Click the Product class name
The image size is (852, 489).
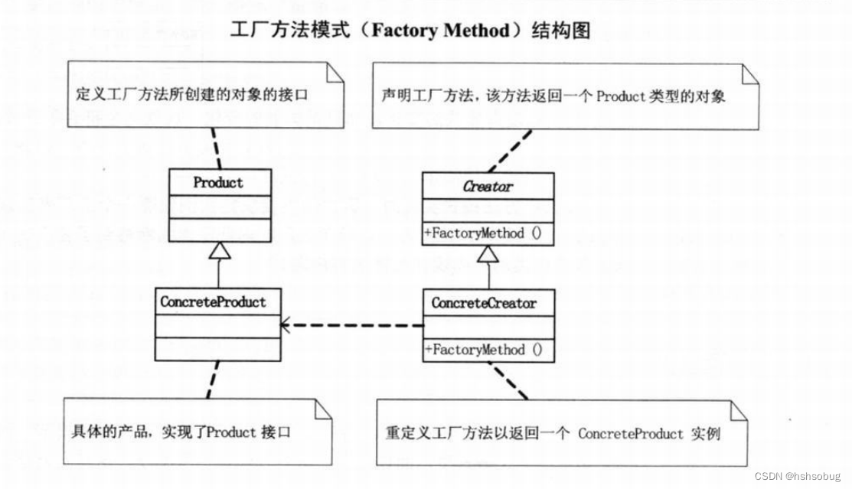[218, 183]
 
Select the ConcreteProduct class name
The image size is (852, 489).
[213, 302]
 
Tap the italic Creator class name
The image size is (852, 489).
[488, 186]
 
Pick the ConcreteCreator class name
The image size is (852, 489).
[484, 303]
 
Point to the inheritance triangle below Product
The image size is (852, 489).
[220, 249]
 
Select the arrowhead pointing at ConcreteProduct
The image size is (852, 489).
[285, 325]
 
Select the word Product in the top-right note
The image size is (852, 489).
[623, 97]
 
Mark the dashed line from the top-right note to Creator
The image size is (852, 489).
[508, 149]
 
